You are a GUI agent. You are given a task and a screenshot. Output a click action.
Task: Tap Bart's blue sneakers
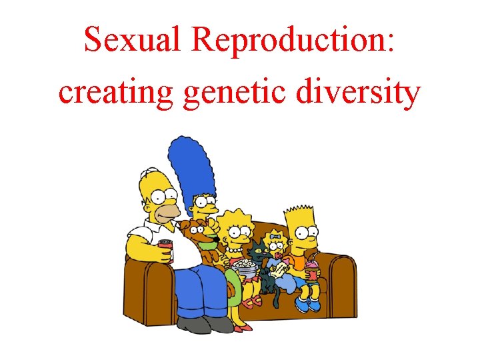[x=306, y=303]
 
